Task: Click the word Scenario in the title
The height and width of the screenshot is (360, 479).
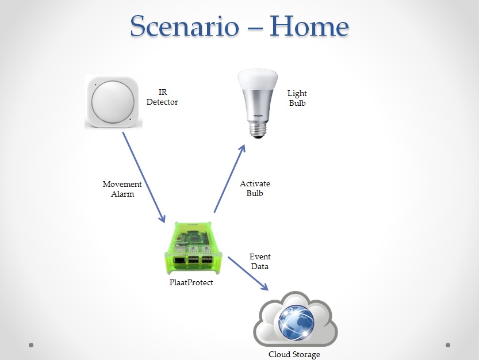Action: [185, 26]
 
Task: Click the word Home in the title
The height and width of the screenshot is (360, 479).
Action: [309, 26]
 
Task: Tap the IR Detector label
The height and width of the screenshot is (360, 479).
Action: [162, 97]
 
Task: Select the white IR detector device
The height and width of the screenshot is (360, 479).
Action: [113, 102]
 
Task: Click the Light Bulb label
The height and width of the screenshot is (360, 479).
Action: [297, 98]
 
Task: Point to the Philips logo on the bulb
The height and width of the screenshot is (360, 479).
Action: [258, 116]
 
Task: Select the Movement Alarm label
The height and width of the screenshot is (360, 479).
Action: [122, 189]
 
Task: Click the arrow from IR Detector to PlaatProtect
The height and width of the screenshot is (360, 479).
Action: [144, 177]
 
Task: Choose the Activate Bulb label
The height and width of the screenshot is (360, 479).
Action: [255, 188]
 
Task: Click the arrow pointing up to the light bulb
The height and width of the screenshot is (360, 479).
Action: [229, 178]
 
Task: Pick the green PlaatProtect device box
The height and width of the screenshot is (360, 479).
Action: [193, 248]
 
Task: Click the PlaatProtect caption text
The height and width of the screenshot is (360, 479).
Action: [191, 282]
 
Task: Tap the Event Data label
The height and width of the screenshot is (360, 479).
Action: [260, 261]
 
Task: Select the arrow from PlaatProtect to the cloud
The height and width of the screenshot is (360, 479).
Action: [248, 274]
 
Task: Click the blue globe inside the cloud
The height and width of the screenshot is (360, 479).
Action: [296, 323]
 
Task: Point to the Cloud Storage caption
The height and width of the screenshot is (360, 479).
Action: [294, 354]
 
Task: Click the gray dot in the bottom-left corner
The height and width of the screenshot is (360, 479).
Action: [31, 345]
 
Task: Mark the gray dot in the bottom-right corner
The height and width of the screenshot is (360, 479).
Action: [448, 345]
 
